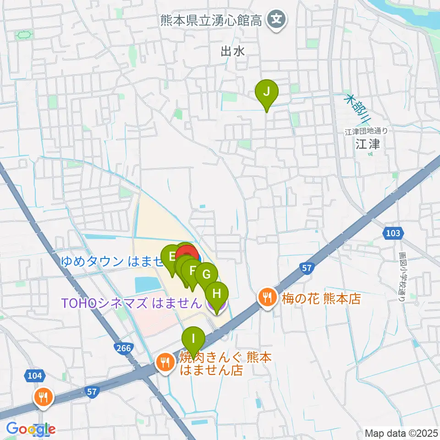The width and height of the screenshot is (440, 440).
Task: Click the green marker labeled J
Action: coord(266,93)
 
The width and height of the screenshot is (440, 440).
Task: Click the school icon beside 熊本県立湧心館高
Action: coord(276,20)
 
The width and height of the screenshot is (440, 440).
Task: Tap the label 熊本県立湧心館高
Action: coord(211,20)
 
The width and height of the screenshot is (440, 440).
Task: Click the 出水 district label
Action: coord(233,51)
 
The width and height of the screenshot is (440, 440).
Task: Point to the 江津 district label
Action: coord(368,145)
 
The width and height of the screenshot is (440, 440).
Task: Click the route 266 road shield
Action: coord(124,348)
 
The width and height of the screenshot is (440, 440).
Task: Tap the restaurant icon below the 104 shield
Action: coord(44,397)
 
